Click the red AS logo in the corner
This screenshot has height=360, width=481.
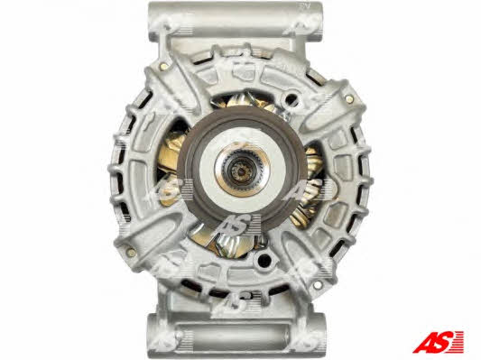point(438,341)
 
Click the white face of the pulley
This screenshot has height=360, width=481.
point(243,171)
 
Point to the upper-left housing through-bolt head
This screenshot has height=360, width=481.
point(163,65)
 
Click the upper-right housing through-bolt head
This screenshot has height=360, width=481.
point(348,98)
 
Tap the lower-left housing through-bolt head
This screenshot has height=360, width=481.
point(131,253)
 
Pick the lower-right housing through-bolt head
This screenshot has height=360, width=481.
point(317,284)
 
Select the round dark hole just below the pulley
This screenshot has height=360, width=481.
point(264,261)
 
